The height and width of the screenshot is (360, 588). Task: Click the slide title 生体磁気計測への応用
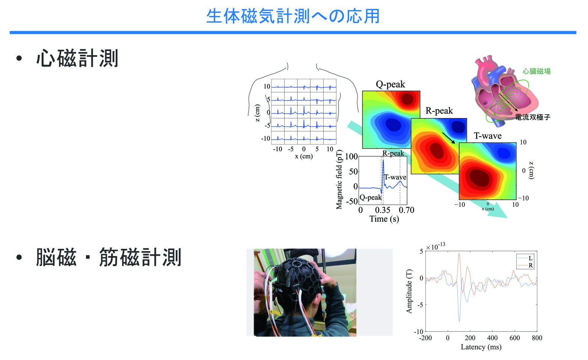click(293, 16)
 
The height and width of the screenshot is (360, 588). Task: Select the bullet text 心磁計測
click(77, 59)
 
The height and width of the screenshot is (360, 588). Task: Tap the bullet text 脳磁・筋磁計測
click(109, 258)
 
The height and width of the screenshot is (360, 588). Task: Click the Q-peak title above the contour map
click(390, 84)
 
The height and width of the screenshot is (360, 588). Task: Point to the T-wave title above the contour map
click(487, 136)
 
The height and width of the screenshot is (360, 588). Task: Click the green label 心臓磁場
click(537, 71)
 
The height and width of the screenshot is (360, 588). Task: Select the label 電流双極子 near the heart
click(532, 117)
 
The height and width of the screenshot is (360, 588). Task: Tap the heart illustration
click(499, 90)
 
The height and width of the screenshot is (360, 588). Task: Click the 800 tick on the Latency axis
click(537, 338)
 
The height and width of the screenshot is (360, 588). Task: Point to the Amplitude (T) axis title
click(409, 291)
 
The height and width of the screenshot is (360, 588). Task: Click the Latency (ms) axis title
click(481, 347)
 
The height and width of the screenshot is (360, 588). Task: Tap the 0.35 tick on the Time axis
click(383, 210)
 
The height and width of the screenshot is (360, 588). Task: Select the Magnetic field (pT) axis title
click(339, 180)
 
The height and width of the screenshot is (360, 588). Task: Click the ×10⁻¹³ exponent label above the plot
click(436, 247)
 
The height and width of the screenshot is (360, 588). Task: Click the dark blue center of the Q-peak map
click(392, 124)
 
